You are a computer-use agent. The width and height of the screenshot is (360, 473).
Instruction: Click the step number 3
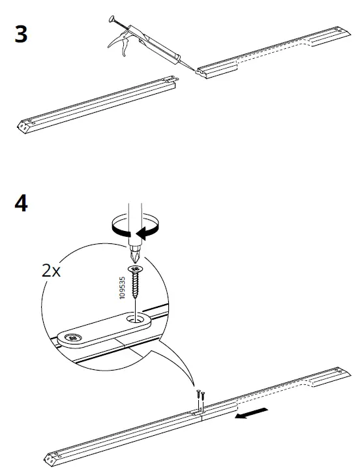click(x=21, y=34)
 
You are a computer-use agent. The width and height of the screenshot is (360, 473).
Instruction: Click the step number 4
click(x=21, y=204)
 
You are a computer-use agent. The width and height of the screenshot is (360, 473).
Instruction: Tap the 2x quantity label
click(x=50, y=271)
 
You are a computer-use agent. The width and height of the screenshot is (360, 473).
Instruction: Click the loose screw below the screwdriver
click(x=136, y=279)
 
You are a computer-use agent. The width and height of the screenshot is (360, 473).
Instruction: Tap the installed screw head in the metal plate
click(x=72, y=338)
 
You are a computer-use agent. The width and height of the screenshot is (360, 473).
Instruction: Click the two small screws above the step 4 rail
click(x=200, y=395)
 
